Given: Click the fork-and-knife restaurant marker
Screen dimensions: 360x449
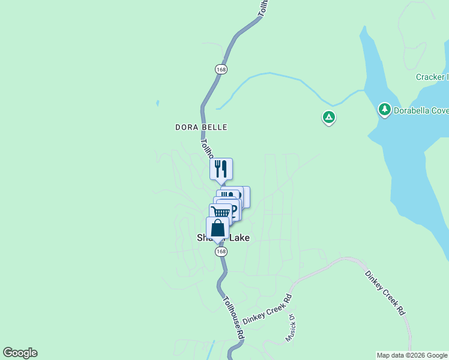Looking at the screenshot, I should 221,169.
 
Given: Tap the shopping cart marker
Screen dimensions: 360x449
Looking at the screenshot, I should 220,212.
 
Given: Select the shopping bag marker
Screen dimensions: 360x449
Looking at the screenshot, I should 217,228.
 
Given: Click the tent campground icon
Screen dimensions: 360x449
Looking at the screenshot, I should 328,117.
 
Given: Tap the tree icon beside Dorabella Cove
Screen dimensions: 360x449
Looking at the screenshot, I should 384,110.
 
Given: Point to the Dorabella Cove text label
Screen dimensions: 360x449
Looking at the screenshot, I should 421,110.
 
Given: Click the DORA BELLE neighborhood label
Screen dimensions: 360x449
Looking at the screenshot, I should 201,127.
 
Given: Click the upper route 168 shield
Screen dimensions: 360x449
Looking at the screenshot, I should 222,69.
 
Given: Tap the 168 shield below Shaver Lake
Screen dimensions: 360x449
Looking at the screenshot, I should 221,252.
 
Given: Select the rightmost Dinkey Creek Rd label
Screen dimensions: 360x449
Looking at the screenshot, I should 385,292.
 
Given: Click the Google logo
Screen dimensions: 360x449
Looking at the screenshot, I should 20,353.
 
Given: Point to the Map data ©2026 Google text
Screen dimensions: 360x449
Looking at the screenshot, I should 412,355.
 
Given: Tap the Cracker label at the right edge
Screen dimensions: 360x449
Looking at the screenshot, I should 431,77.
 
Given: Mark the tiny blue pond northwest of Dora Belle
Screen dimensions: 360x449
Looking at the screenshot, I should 157,103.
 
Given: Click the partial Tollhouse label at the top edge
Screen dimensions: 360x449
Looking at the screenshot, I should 262,7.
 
